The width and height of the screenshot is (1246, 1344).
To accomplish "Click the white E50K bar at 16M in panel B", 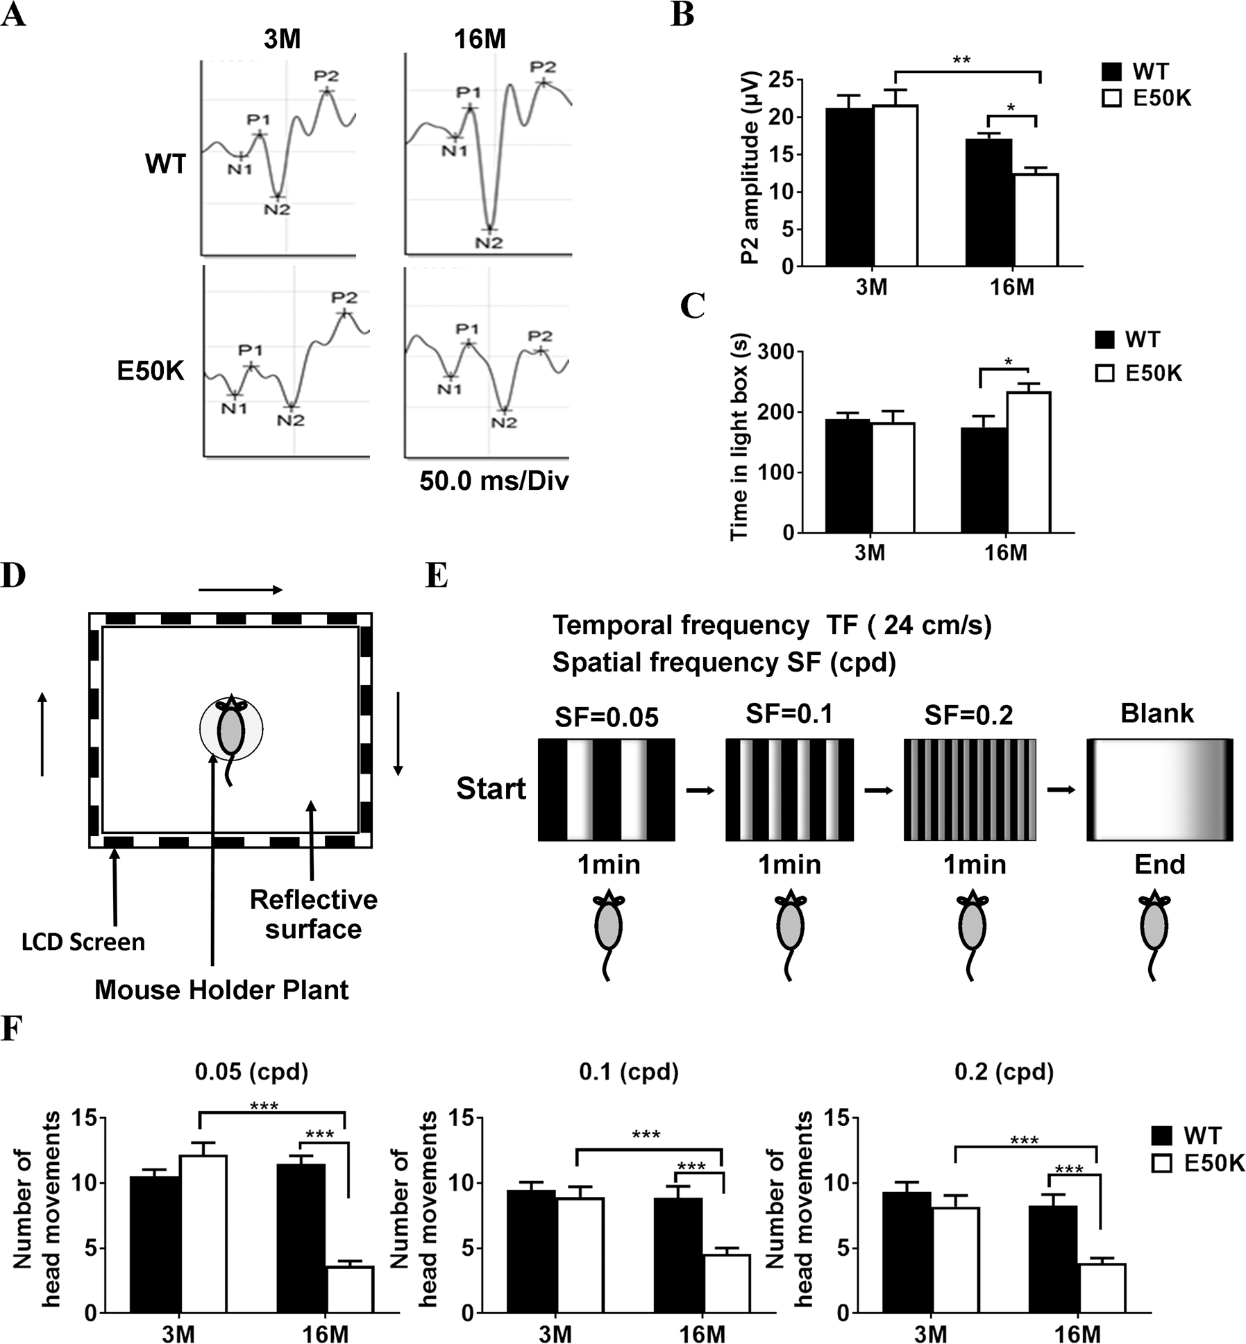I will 1035,219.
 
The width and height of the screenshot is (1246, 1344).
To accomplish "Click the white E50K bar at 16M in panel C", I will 1028,462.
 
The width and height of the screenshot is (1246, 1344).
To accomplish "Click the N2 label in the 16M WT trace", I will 489,243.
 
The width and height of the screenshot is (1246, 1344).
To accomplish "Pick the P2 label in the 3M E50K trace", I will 344,298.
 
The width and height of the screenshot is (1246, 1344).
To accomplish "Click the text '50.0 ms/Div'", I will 494,482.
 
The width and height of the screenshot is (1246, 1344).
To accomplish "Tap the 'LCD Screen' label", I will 83,942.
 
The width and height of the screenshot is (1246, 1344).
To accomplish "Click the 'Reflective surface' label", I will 313,914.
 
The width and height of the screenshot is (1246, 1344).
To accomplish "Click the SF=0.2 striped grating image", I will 969,790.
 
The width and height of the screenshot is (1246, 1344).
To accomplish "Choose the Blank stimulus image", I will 1159,790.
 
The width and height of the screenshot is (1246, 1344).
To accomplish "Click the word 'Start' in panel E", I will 491,789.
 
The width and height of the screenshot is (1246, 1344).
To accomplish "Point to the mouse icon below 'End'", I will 1154,935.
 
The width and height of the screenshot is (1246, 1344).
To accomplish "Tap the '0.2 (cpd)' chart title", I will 1004,1072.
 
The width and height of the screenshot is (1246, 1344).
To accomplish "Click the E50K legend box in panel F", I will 1161,1164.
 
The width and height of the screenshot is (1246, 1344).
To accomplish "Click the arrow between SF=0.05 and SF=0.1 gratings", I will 700,790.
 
